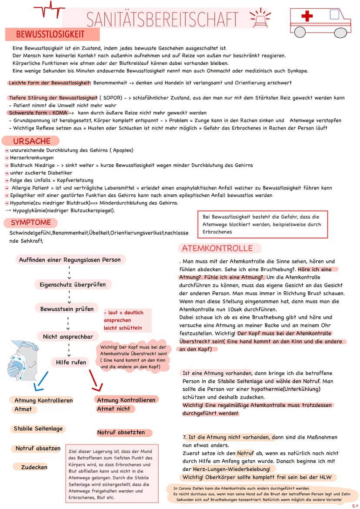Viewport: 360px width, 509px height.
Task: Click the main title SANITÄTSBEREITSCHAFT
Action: [x=162, y=19]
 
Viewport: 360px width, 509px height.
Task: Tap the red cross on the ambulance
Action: [x=307, y=16]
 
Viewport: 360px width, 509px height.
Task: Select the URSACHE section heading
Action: [x=31, y=141]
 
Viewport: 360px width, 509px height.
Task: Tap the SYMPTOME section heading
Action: [x=30, y=223]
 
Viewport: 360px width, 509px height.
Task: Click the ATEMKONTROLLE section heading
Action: [x=217, y=248]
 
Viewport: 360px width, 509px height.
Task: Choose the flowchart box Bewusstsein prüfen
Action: [x=67, y=309]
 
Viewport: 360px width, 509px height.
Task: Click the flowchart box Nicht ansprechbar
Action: [x=68, y=337]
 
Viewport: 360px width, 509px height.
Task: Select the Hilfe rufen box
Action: [x=71, y=362]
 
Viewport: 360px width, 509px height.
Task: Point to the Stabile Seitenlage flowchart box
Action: [x=38, y=429]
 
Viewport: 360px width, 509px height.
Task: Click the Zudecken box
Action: [x=34, y=467]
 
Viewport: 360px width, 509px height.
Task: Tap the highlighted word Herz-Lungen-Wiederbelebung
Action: [x=233, y=469]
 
